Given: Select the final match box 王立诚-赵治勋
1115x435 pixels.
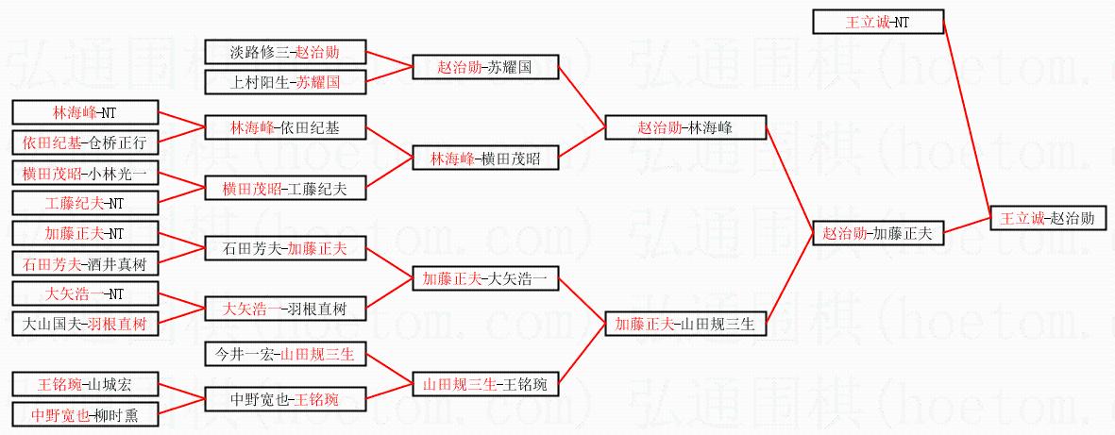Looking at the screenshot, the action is [1048, 218].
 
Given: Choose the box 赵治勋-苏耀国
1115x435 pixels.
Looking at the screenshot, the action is [485, 68].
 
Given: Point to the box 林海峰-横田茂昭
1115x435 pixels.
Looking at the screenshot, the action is [485, 159].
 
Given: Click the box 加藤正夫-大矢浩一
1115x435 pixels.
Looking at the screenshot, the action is [485, 278].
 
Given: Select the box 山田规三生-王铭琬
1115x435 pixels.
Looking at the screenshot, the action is [485, 384].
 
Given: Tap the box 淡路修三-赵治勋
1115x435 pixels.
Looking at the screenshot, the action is [285, 53].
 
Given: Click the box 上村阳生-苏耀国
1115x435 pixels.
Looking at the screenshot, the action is [285, 82].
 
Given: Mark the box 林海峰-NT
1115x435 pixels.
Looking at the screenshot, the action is [85, 112].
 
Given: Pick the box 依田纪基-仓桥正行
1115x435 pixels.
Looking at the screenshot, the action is [85, 142].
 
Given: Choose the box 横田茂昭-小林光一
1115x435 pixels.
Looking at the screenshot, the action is [85, 173].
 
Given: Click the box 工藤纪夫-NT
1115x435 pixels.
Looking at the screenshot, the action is [85, 203].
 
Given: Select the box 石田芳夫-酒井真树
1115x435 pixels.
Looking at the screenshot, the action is [85, 263].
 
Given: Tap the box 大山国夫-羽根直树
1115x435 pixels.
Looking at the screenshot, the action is [85, 324].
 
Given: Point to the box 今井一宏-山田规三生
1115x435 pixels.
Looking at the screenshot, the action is [285, 355].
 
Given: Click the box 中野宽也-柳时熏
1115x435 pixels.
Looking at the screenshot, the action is [85, 414].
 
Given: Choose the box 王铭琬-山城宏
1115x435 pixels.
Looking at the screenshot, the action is [85, 384].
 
